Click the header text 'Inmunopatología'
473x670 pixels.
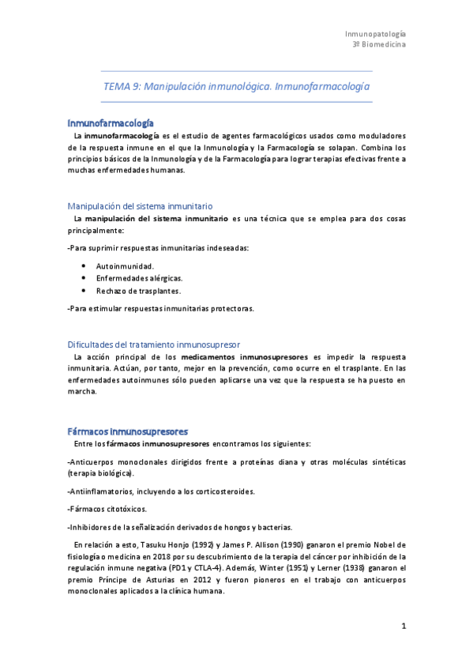(376, 34)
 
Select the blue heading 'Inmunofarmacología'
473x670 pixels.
(111, 123)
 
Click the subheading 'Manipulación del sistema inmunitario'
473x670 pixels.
(140, 205)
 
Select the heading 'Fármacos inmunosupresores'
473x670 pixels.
(127, 431)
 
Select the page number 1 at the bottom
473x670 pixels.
(404, 627)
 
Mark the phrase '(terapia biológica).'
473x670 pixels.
(101, 472)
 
